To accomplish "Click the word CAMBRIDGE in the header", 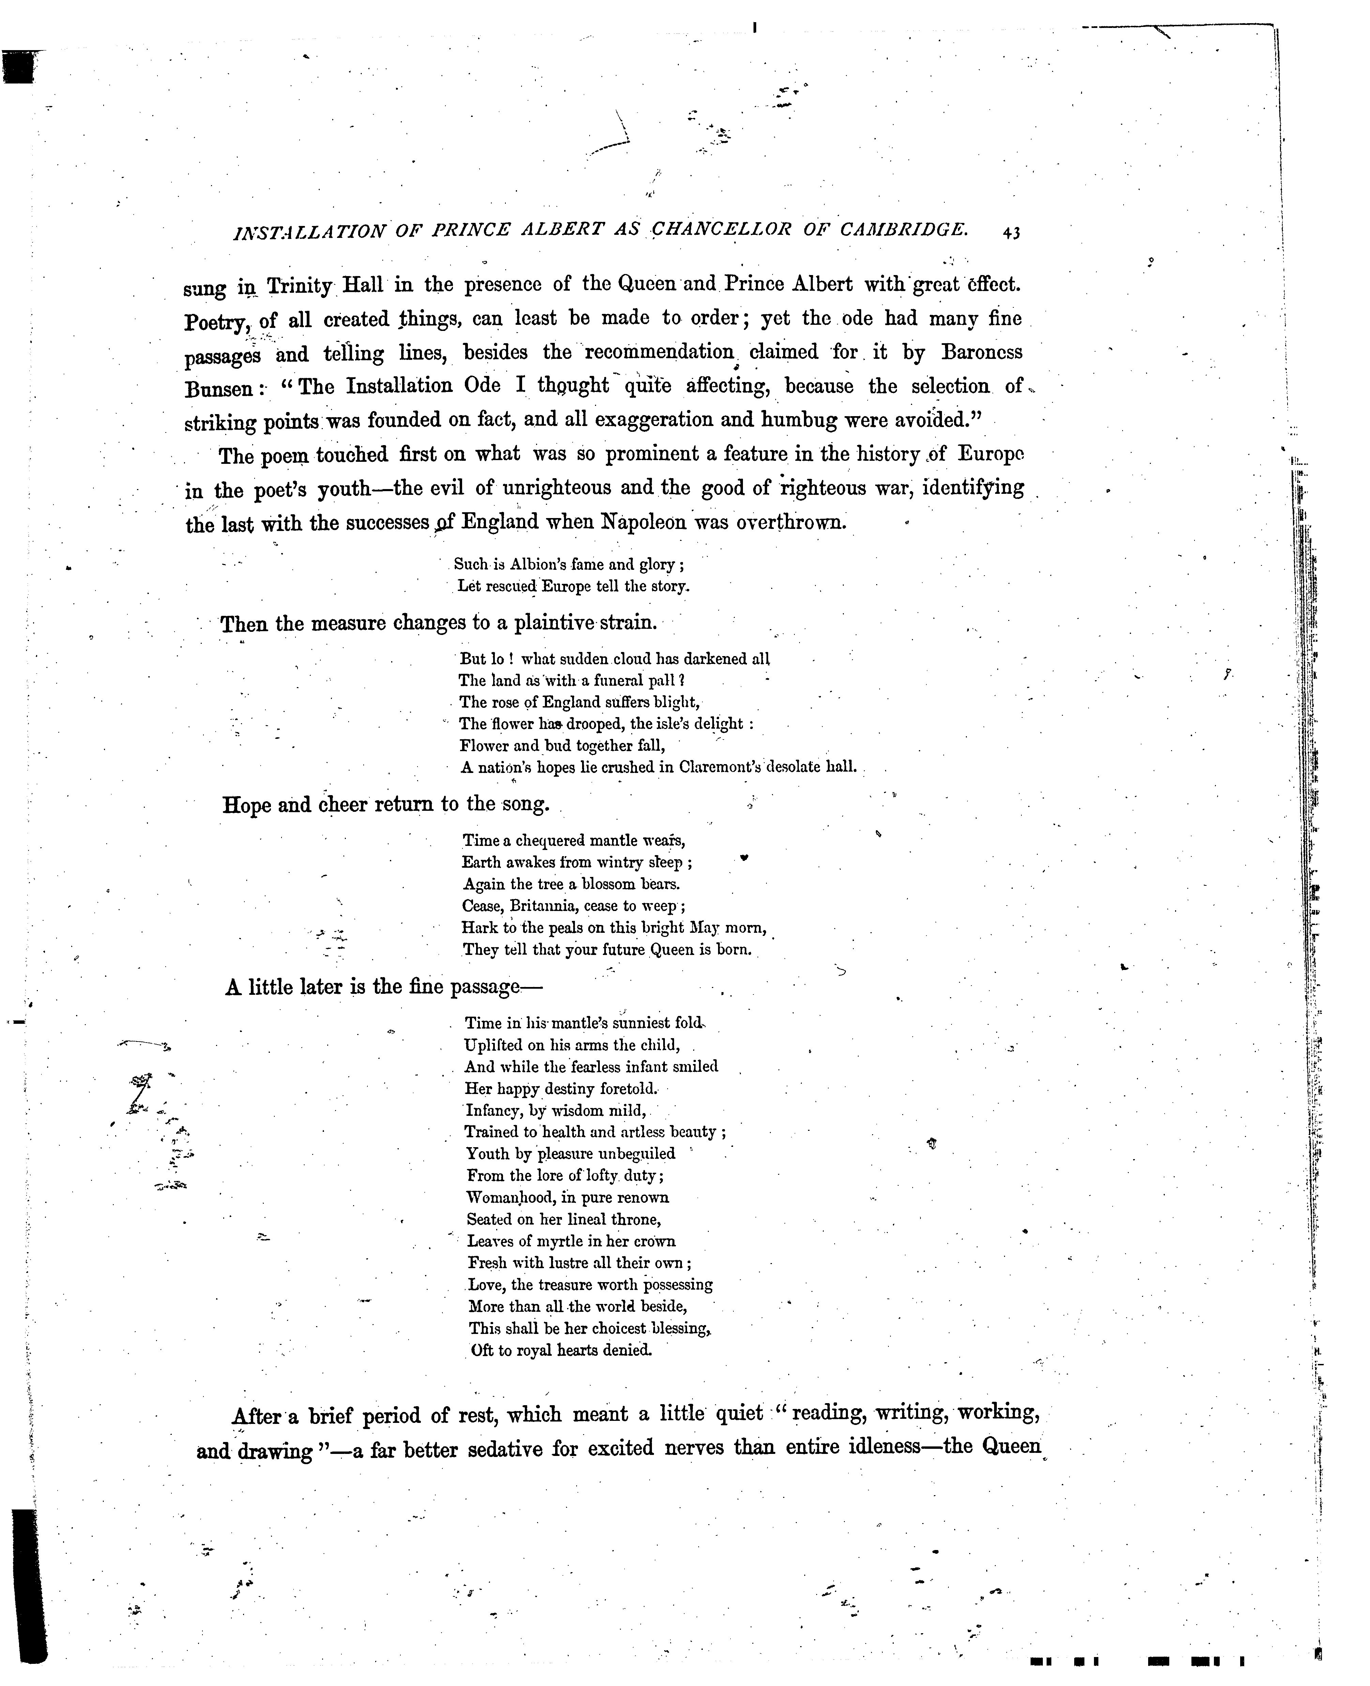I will tap(903, 230).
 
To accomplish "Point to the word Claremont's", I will tap(732, 766).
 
